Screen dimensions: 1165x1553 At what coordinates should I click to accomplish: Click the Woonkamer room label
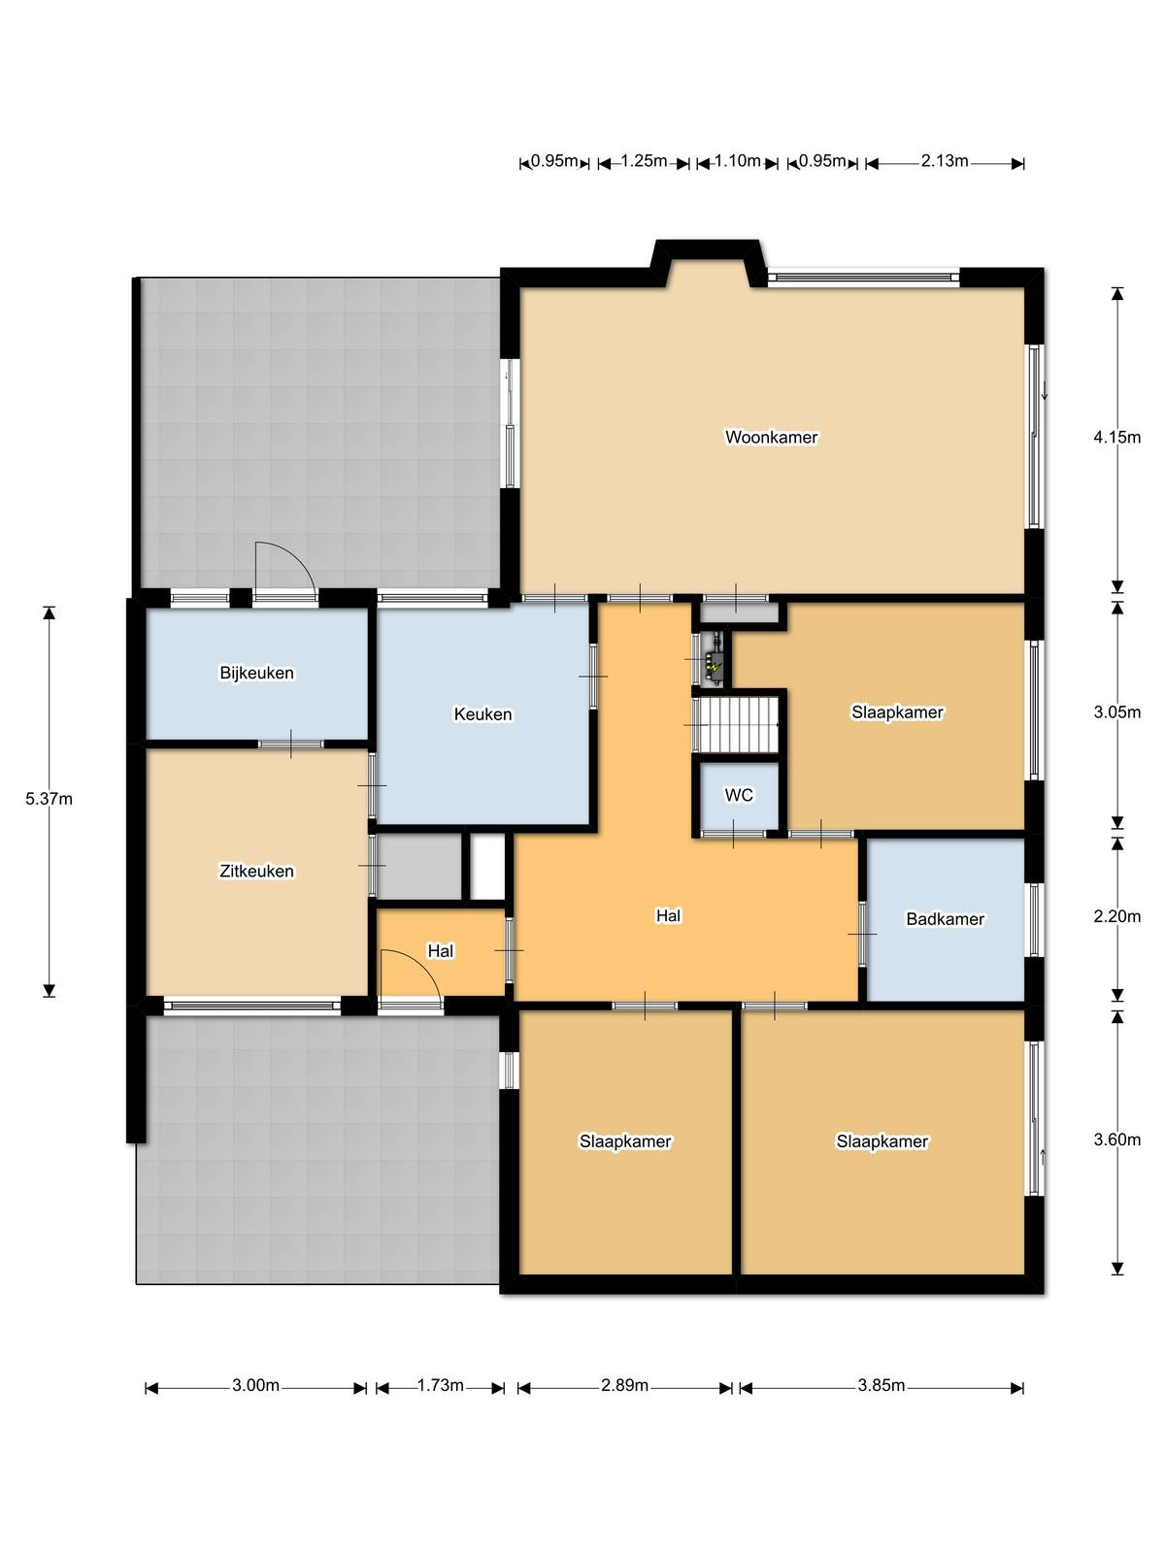[x=771, y=437]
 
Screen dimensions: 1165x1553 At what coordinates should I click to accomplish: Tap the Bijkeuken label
[x=256, y=673]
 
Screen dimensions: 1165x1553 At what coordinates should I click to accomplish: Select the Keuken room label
[x=483, y=713]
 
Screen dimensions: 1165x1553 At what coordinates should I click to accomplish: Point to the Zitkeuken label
[x=256, y=871]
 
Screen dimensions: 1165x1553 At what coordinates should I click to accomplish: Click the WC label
[x=739, y=795]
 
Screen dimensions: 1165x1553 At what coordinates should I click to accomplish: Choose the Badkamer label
[x=945, y=919]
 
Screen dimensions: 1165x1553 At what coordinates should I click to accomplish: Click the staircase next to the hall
[x=739, y=725]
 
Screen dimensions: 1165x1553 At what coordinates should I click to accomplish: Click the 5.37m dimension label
[x=49, y=800]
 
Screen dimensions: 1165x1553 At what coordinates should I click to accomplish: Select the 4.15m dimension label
[x=1116, y=437]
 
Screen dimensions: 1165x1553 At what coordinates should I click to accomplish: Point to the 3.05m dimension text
[x=1116, y=712]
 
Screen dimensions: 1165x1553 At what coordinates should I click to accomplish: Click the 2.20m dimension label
[x=1116, y=917]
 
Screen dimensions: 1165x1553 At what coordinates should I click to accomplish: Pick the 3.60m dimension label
[x=1116, y=1140]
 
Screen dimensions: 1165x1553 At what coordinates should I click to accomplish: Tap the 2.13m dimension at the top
[x=945, y=161]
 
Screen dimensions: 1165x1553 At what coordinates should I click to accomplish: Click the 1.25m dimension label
[x=644, y=161]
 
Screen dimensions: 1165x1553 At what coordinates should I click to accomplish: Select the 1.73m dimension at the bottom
[x=440, y=1385]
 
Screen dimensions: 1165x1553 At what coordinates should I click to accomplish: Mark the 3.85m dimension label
[x=882, y=1385]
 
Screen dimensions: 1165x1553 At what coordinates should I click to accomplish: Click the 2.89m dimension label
[x=624, y=1385]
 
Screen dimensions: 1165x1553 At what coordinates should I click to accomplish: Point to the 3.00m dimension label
[x=255, y=1385]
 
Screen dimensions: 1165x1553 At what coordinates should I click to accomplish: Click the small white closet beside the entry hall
[x=487, y=867]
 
